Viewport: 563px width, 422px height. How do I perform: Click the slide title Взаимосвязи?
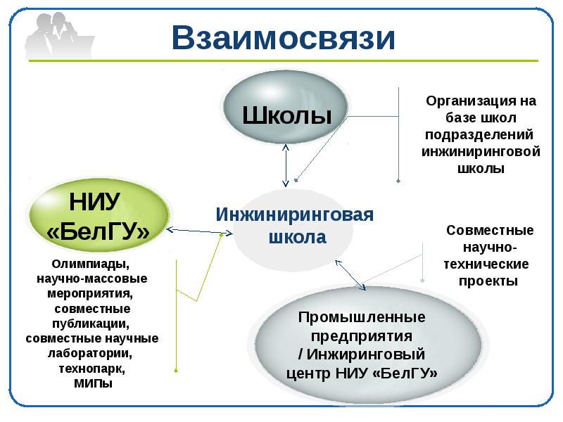click(x=284, y=40)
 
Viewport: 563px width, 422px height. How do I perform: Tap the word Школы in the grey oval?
click(x=287, y=114)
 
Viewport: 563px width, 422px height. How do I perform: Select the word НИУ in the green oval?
click(x=96, y=201)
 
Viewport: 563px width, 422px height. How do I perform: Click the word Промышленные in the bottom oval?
click(x=362, y=317)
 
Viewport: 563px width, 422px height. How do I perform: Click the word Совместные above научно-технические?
click(x=490, y=230)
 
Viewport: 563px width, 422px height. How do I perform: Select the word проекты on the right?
click(x=488, y=281)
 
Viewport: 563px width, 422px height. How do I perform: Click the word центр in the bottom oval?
click(x=308, y=372)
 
